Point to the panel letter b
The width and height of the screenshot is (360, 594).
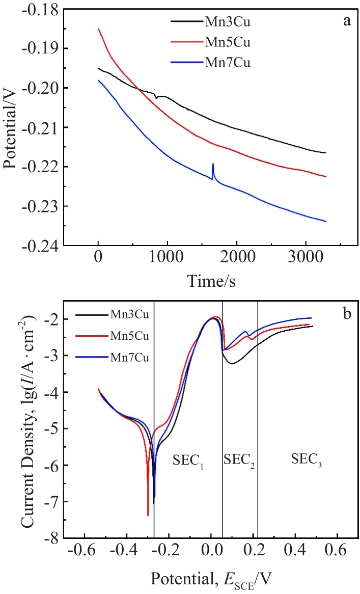point(346,314)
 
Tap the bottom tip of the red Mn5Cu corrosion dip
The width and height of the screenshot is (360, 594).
point(148,515)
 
